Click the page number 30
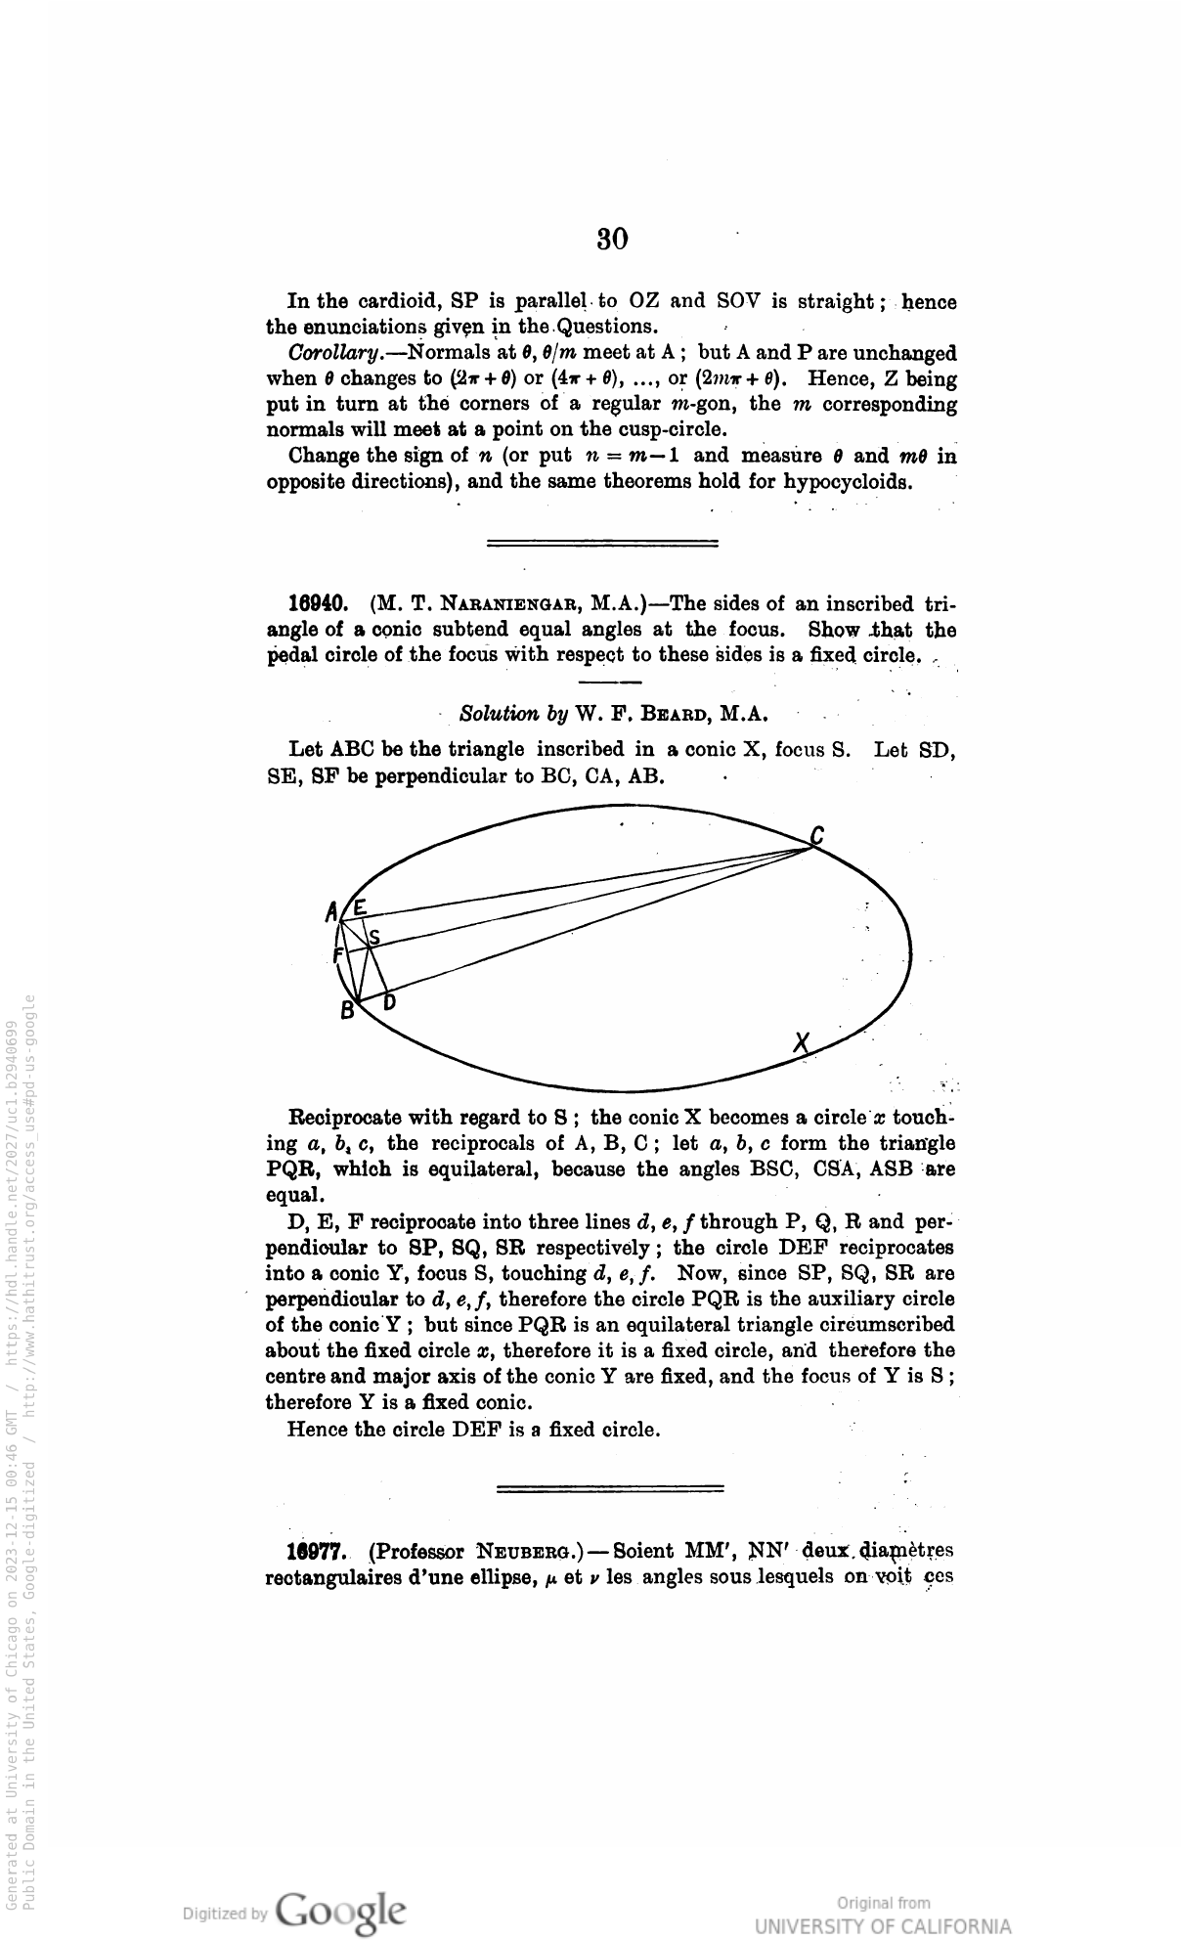point(612,240)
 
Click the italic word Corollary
point(329,353)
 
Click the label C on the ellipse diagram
point(816,836)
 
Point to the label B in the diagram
point(347,1013)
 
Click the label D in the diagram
point(389,1002)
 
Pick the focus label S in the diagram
point(373,937)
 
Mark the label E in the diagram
point(360,908)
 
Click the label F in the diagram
point(338,954)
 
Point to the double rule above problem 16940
point(602,542)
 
